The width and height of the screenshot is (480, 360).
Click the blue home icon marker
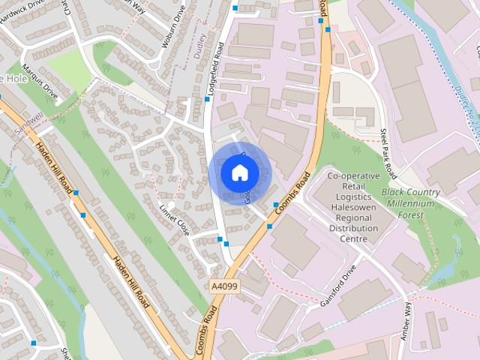[239, 172]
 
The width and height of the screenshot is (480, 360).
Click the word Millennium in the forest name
[412, 203]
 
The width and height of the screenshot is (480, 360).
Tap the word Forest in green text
[411, 214]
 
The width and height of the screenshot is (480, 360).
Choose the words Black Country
[411, 193]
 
